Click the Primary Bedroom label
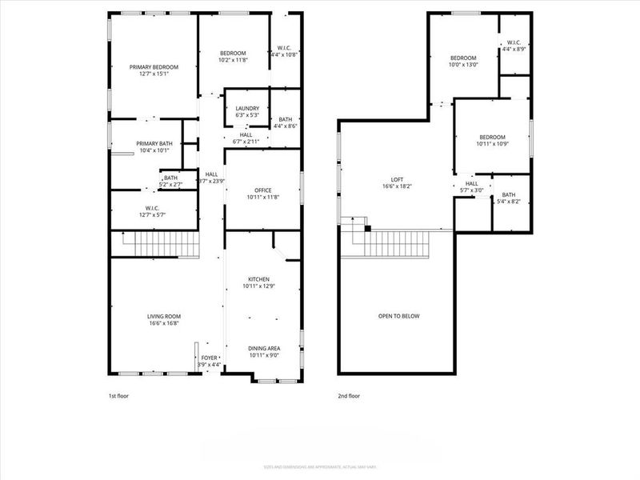(x=154, y=67)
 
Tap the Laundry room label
(x=246, y=109)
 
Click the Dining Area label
(x=263, y=347)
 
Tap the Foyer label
(x=209, y=358)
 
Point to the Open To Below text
(x=398, y=316)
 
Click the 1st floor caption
(x=118, y=396)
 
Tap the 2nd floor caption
(x=349, y=396)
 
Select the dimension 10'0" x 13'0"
(x=463, y=66)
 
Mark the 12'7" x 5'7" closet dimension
(x=154, y=215)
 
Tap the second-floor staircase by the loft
(x=398, y=243)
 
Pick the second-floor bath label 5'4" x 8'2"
(x=509, y=202)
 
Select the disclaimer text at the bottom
(x=320, y=467)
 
